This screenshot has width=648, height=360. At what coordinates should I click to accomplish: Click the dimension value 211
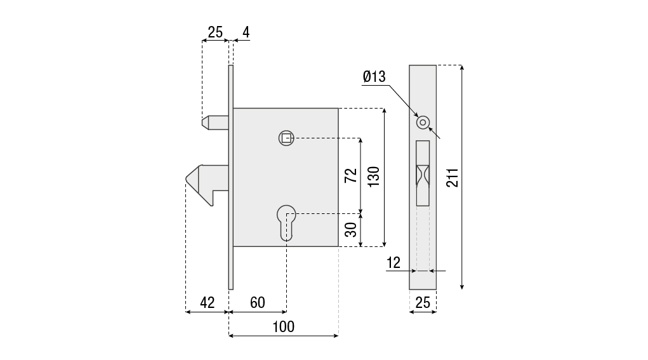(453, 178)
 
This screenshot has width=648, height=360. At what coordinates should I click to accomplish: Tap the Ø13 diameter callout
(374, 76)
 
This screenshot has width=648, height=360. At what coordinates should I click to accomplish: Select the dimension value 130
(374, 177)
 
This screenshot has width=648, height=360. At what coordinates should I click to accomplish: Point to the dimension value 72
(351, 176)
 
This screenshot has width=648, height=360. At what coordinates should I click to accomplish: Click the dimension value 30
(351, 230)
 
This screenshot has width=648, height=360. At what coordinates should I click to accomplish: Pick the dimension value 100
(284, 327)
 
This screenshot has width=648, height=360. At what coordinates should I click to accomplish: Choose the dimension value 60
(258, 303)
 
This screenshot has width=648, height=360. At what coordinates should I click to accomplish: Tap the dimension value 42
(208, 303)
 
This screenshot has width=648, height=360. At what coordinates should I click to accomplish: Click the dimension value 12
(393, 262)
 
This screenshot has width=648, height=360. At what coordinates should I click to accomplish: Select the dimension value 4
(246, 32)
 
